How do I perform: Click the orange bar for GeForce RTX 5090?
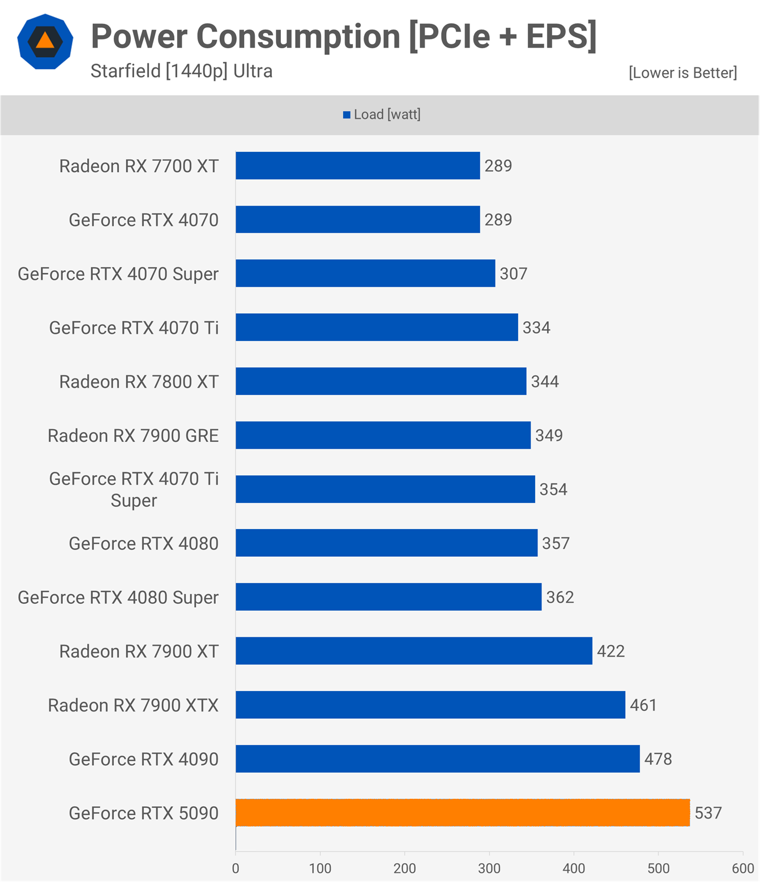tap(463, 813)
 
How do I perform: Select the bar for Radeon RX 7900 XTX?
tap(430, 705)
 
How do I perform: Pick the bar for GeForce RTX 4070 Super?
tap(365, 273)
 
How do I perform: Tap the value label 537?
tap(708, 813)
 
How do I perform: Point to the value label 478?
tap(658, 759)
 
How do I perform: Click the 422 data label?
tap(610, 651)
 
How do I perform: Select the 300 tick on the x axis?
tap(489, 868)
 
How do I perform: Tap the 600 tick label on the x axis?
tap(743, 868)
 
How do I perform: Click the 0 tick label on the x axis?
tap(236, 868)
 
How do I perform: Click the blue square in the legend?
tap(347, 115)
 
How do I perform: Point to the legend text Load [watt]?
tap(387, 114)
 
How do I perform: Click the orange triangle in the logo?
tap(45, 41)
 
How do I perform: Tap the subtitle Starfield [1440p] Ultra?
tap(181, 71)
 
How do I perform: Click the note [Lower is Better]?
tap(683, 73)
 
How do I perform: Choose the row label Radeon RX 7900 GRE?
tap(133, 436)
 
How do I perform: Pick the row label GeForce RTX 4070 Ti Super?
tap(134, 489)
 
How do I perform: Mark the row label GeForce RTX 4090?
tap(144, 759)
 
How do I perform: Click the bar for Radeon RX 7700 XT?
tap(358, 165)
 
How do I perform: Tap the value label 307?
tap(514, 274)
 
